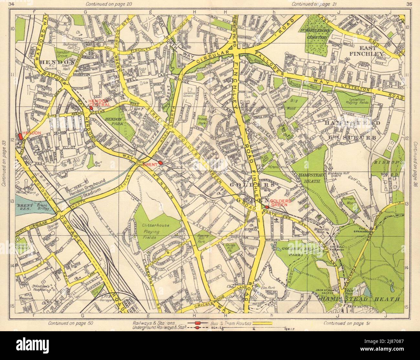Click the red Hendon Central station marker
(91, 99)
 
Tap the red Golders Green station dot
(267, 207)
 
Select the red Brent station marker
(160, 163)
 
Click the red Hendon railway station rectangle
(20, 137)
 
